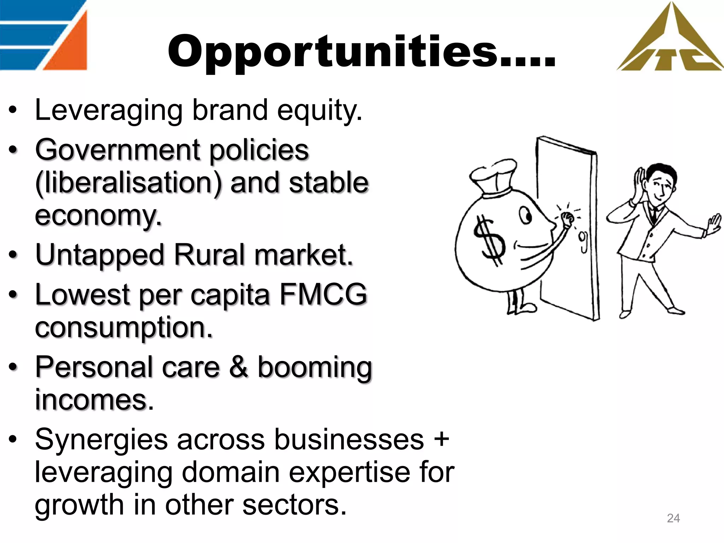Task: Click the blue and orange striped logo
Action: click(x=43, y=35)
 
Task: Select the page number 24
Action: click(x=673, y=518)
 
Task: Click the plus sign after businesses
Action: click(x=441, y=439)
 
